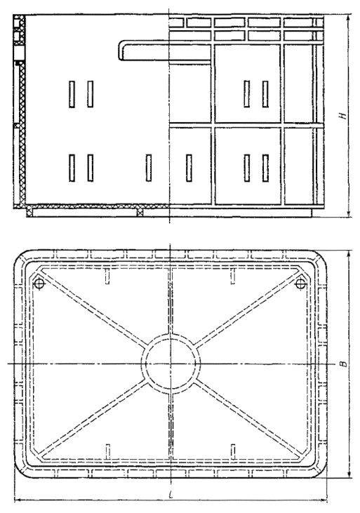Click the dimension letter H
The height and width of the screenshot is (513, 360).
pyautogui.click(x=342, y=116)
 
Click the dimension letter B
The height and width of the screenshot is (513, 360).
pyautogui.click(x=342, y=364)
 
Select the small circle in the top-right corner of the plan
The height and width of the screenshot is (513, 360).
pyautogui.click(x=300, y=284)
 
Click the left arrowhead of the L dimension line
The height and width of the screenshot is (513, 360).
pyautogui.click(x=18, y=500)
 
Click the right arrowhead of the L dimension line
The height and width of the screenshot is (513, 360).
pyautogui.click(x=324, y=500)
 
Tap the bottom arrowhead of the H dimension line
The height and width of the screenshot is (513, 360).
pyautogui.click(x=349, y=213)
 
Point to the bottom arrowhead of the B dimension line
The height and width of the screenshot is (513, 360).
pyautogui.click(x=349, y=474)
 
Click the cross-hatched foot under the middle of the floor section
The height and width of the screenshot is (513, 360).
pyautogui.click(x=140, y=211)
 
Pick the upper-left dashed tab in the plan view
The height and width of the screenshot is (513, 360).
pyautogui.click(x=107, y=277)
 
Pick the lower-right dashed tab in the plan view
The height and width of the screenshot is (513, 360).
pyautogui.click(x=233, y=451)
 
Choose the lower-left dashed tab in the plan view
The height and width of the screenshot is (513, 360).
pyautogui.click(x=107, y=451)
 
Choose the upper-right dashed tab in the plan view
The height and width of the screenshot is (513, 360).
pyautogui.click(x=233, y=277)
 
